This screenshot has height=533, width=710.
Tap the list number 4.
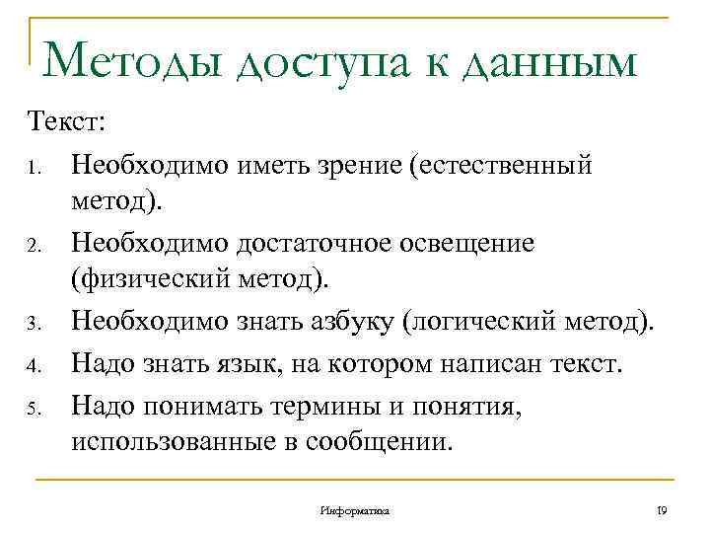[x=33, y=367]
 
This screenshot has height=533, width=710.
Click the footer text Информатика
[x=355, y=511]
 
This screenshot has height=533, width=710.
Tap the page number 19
[x=662, y=510]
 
